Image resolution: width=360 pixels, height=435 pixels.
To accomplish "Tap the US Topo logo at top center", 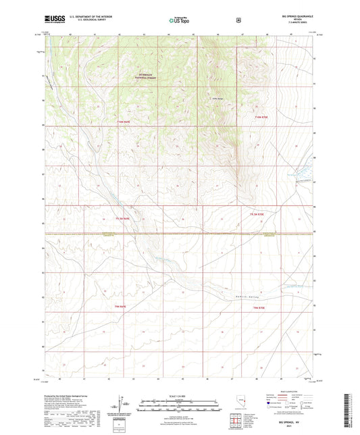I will click(180, 20).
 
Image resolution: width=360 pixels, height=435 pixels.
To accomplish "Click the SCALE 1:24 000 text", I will click(180, 394).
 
